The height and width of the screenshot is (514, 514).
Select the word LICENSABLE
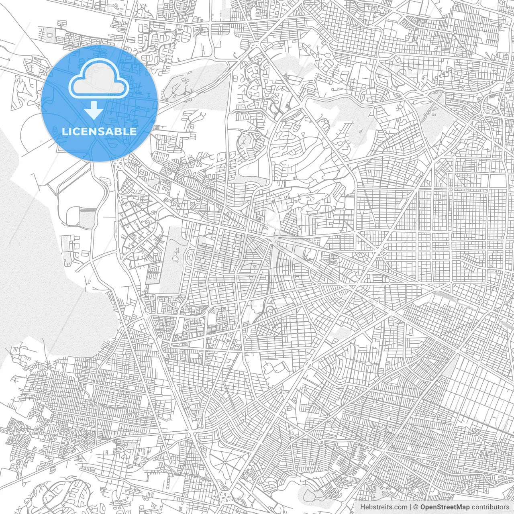click(99, 131)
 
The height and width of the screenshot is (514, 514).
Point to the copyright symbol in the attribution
click(416, 507)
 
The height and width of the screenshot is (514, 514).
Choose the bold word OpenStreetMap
click(445, 507)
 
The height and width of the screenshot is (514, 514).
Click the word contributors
click(490, 507)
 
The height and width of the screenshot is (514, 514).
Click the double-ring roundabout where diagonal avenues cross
click(378, 251)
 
